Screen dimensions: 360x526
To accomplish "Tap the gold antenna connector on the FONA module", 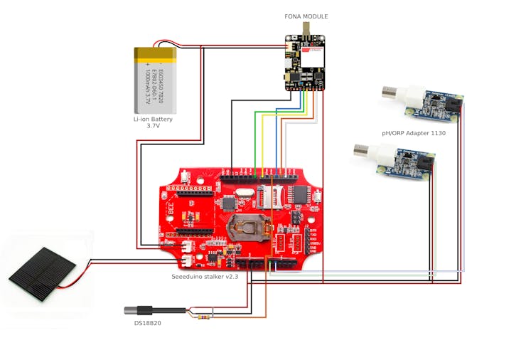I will point(306,28).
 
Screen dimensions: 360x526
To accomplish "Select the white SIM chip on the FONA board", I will point(311,56).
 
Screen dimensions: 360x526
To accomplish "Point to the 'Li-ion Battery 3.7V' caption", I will point(153,122).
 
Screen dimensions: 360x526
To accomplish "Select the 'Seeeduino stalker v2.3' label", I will point(204,277).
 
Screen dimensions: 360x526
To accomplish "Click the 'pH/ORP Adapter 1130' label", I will point(412,133).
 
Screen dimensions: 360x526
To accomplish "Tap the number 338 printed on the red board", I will point(170,211).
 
